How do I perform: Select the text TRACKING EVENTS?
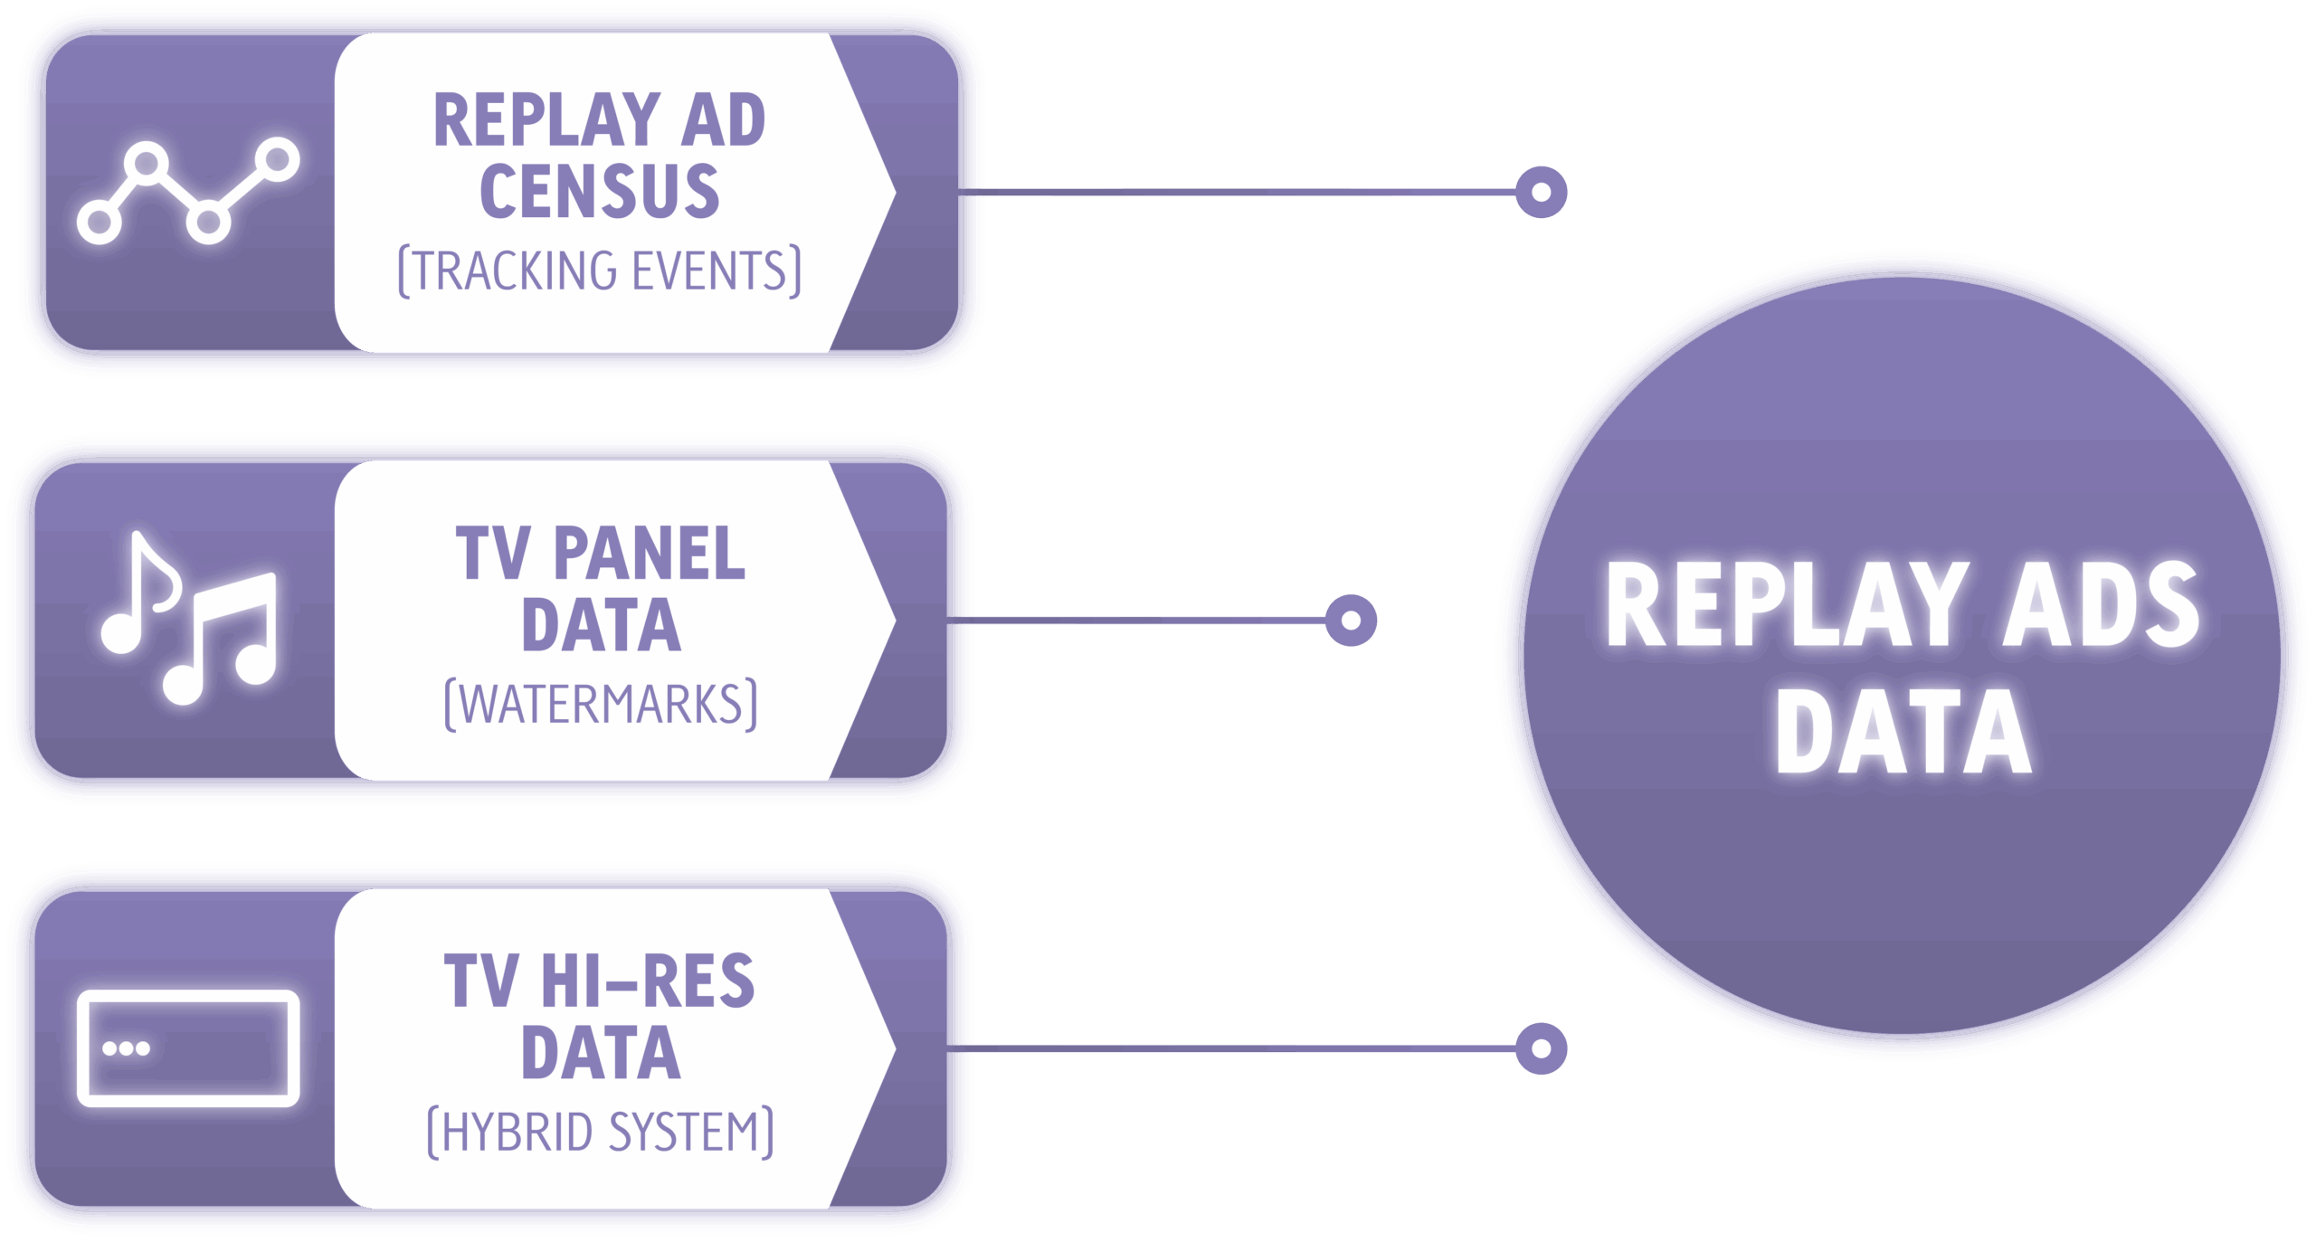600,270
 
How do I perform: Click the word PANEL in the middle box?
649,553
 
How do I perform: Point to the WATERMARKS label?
601,704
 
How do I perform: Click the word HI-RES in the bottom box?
647,981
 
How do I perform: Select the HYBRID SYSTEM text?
600,1132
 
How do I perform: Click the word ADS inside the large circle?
2100,604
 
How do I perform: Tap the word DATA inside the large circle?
1903,731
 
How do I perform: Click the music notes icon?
188,617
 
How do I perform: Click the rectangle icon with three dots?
188,1048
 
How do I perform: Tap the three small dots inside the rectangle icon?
126,1048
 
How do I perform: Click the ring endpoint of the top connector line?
1541,192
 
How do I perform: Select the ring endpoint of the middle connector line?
1351,620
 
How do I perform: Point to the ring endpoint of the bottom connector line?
1541,1048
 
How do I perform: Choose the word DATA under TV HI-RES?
601,1053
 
